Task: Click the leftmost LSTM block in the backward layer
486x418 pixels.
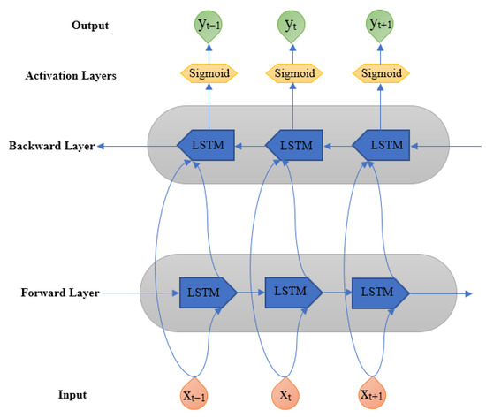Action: click(x=206, y=144)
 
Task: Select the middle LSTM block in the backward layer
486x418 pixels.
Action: click(x=292, y=144)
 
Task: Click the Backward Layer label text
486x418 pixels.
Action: click(x=51, y=144)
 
